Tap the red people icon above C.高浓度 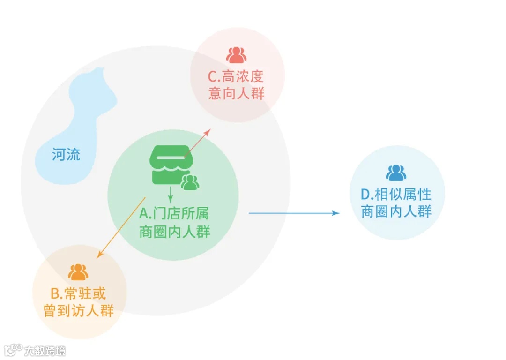[x=236, y=55]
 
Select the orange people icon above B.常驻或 [x=78, y=272]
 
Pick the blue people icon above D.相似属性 [x=396, y=173]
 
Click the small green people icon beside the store [x=190, y=182]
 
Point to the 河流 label [x=66, y=154]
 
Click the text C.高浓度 [x=237, y=76]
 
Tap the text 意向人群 [x=237, y=93]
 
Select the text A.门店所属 [x=174, y=214]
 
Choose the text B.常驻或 [x=78, y=293]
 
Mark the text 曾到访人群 [x=79, y=310]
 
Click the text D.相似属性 [x=396, y=194]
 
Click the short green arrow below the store [x=171, y=192]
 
